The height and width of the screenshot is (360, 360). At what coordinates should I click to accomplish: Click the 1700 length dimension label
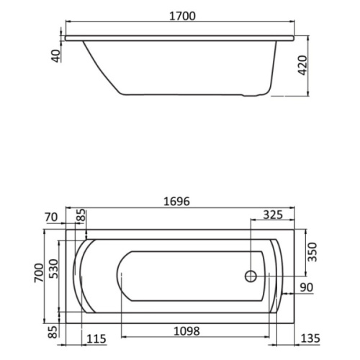(182, 16)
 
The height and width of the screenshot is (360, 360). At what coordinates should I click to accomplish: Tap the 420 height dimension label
(303, 66)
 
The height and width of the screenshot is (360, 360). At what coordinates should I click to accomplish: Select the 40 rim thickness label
(56, 55)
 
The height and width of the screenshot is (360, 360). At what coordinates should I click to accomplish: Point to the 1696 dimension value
(176, 202)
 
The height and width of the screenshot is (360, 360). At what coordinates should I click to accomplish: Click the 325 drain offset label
(273, 215)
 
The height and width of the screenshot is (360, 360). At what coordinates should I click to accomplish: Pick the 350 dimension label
(312, 252)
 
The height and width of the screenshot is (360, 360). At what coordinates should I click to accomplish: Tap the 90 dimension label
(307, 287)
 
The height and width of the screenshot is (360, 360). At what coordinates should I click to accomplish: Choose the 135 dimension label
(310, 338)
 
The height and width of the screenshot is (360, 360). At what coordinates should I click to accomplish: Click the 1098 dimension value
(186, 331)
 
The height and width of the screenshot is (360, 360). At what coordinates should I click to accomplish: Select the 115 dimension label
(96, 339)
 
